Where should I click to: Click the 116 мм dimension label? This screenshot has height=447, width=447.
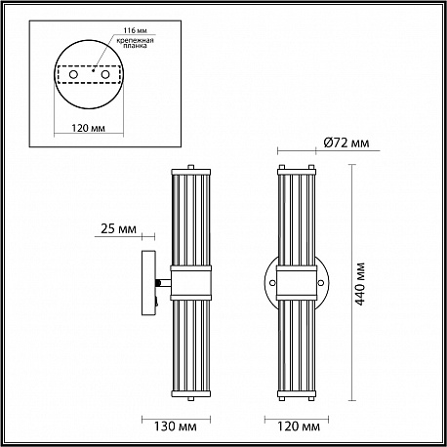pos(135,30)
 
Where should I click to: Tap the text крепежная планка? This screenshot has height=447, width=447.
pos(135,43)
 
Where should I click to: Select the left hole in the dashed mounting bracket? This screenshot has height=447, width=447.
pos(73,74)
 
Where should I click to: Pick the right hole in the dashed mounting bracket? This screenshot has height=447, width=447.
pos(104,74)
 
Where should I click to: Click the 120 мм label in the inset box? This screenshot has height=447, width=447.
pos(89,128)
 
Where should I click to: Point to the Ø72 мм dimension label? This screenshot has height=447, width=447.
pos(346,142)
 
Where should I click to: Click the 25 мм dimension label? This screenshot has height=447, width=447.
pos(118,228)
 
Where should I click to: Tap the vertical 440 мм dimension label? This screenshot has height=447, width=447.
pos(360,284)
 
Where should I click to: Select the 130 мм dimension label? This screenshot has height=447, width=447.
pos(175,427)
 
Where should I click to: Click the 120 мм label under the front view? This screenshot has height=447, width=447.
pos(299,427)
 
